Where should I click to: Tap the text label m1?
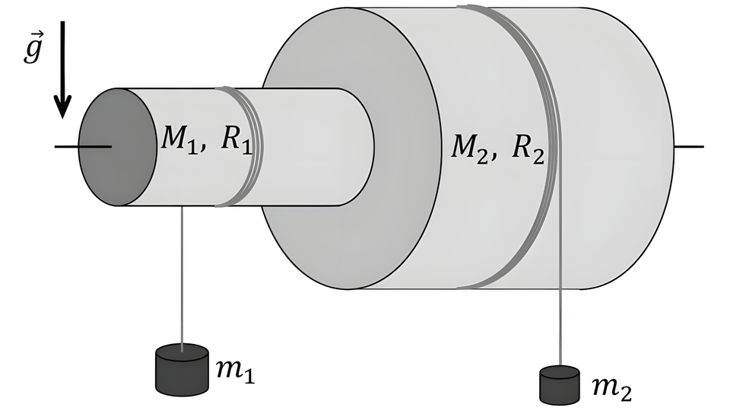[x=233, y=371]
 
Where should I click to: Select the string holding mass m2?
[x=560, y=327]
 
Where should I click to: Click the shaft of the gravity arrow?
[x=63, y=61]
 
